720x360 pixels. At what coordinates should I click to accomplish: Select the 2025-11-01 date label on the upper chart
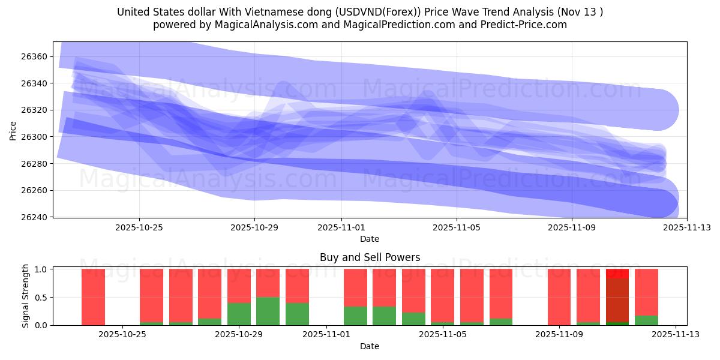click(x=341, y=227)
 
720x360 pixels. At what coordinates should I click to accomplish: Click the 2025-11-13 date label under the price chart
click(x=687, y=227)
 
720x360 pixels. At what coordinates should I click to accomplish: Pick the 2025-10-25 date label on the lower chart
click(x=122, y=335)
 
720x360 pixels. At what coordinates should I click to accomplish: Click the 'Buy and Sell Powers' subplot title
click(x=370, y=257)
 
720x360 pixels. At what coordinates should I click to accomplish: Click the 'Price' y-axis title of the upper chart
click(x=13, y=130)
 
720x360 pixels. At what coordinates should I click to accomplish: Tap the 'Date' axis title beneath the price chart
click(x=370, y=239)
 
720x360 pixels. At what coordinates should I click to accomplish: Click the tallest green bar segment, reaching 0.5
click(x=268, y=311)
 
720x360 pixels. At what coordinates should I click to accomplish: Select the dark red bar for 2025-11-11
click(x=617, y=300)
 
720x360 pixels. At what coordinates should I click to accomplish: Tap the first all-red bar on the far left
click(x=93, y=297)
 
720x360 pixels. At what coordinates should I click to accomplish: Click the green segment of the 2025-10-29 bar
click(x=239, y=314)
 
